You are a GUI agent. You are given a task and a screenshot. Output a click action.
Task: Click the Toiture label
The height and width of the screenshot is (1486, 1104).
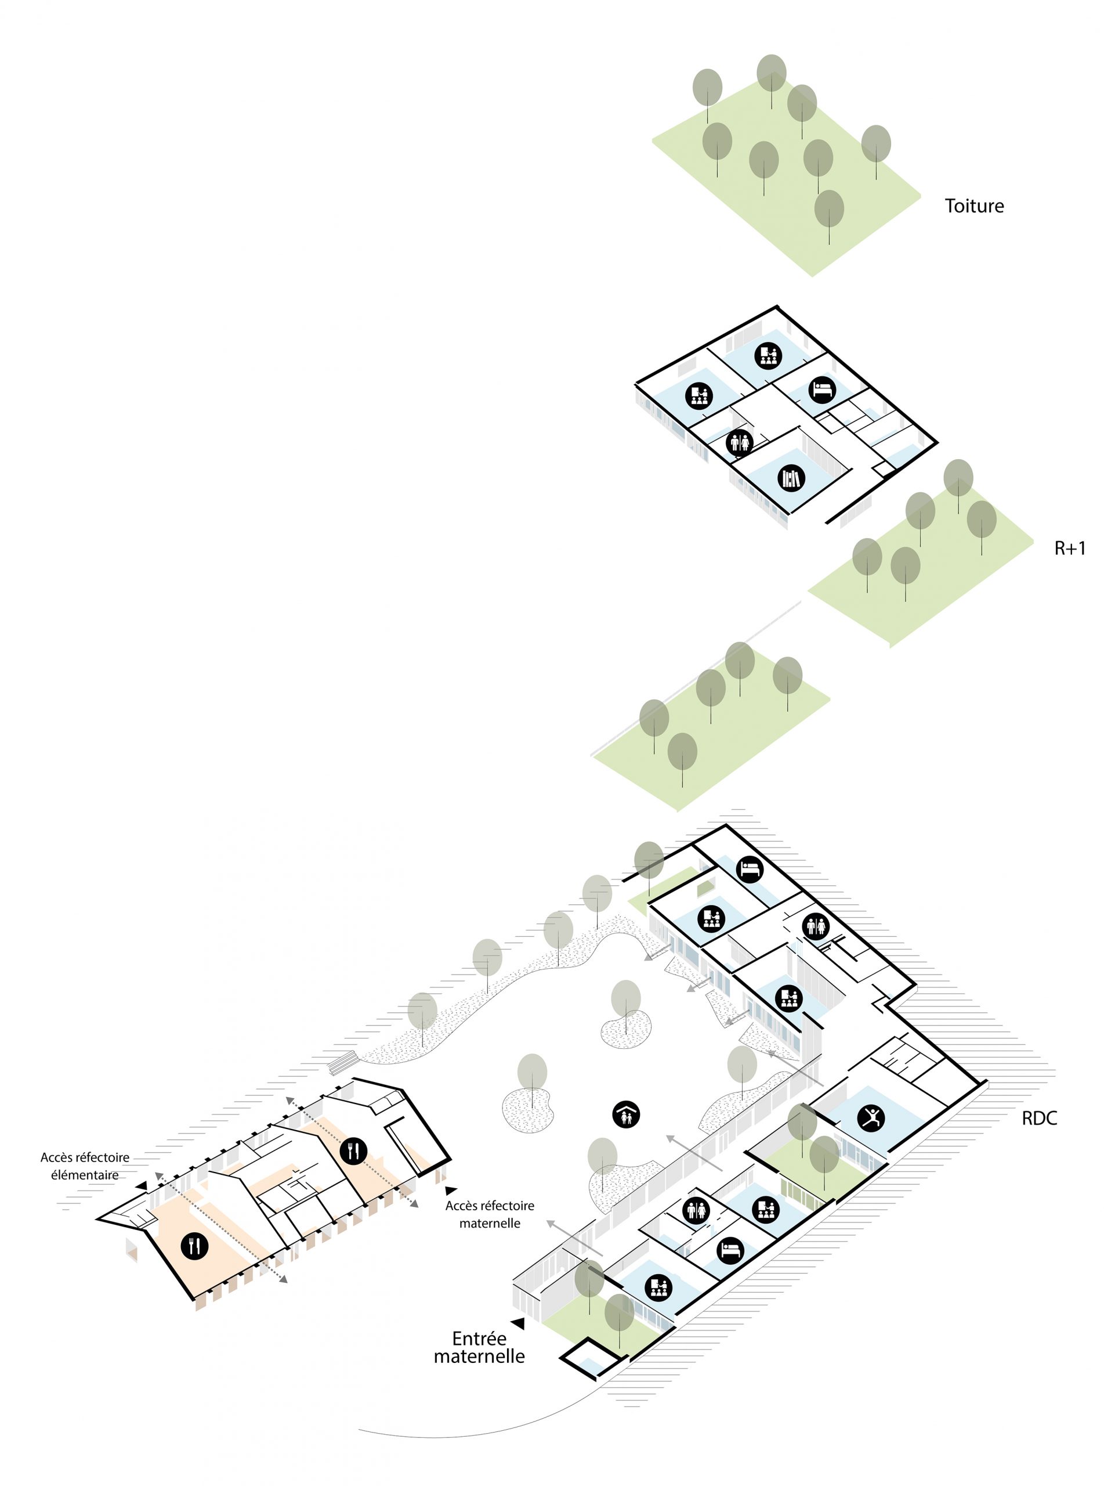[973, 206]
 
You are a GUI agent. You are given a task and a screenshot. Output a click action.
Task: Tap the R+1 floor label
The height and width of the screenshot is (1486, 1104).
[1069, 548]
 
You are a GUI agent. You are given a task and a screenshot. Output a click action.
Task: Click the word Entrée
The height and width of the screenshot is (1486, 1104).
[479, 1339]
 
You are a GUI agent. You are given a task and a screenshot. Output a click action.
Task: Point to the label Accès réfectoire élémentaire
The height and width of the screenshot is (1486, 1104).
[85, 1166]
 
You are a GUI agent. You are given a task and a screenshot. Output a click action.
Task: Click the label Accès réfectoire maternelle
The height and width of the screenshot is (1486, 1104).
[490, 1214]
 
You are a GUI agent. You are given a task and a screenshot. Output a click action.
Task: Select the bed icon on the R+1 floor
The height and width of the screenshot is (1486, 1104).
[822, 389]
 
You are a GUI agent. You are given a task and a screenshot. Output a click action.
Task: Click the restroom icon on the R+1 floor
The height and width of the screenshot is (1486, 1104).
[740, 442]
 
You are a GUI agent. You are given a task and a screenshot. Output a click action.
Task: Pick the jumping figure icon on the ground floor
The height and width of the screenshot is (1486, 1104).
[871, 1116]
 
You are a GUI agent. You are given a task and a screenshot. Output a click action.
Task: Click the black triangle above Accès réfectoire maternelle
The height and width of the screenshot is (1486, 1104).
[452, 1191]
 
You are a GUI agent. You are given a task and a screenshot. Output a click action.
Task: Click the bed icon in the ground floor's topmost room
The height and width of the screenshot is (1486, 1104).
[750, 869]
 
